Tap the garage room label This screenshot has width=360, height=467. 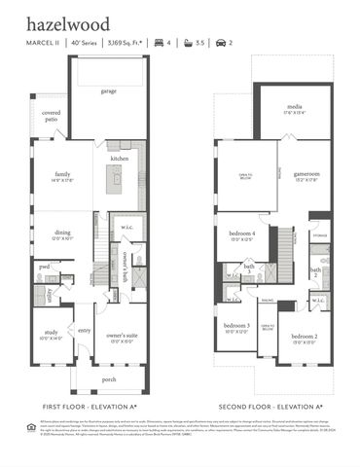(x=108, y=91)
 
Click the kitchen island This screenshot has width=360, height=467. (x=115, y=180)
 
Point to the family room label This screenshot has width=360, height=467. (x=63, y=175)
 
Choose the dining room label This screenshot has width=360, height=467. (x=62, y=234)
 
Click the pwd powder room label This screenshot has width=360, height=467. (x=45, y=266)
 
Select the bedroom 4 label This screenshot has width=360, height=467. (x=242, y=234)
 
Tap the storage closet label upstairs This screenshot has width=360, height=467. (x=320, y=234)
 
